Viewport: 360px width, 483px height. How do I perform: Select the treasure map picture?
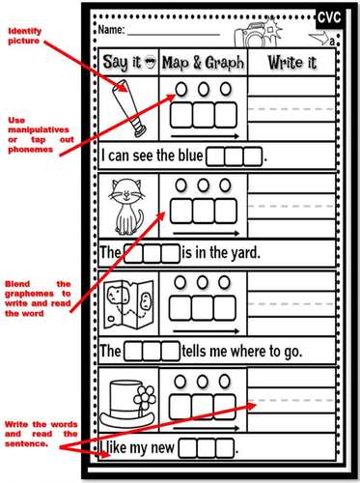pyautogui.click(x=127, y=300)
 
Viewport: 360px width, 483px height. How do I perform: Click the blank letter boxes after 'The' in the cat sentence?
pyautogui.click(x=152, y=254)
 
